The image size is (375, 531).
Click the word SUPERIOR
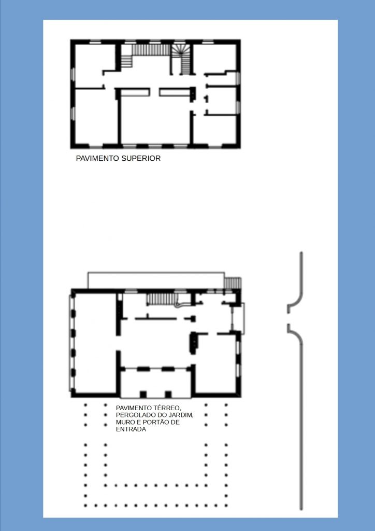pyautogui.click(x=141, y=158)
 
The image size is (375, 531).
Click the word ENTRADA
pyautogui.click(x=131, y=429)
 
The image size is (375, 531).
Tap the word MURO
pyautogui.click(x=126, y=422)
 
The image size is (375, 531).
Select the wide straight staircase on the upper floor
pyautogui.click(x=151, y=50)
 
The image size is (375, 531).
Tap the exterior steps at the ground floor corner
pyautogui.click(x=233, y=283)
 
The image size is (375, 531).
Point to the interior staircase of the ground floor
pyautogui.click(x=162, y=299)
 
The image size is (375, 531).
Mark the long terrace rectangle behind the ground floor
pyautogui.click(x=156, y=281)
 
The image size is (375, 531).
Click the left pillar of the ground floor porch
pyautogui.click(x=143, y=394)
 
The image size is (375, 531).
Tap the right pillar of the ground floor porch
pyautogui.click(x=168, y=394)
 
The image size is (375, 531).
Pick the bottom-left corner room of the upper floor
pyautogui.click(x=96, y=116)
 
